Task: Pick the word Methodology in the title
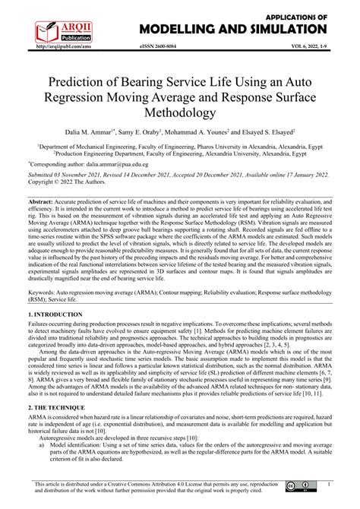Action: pos(180,112)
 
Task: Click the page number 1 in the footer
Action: pos(328,484)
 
